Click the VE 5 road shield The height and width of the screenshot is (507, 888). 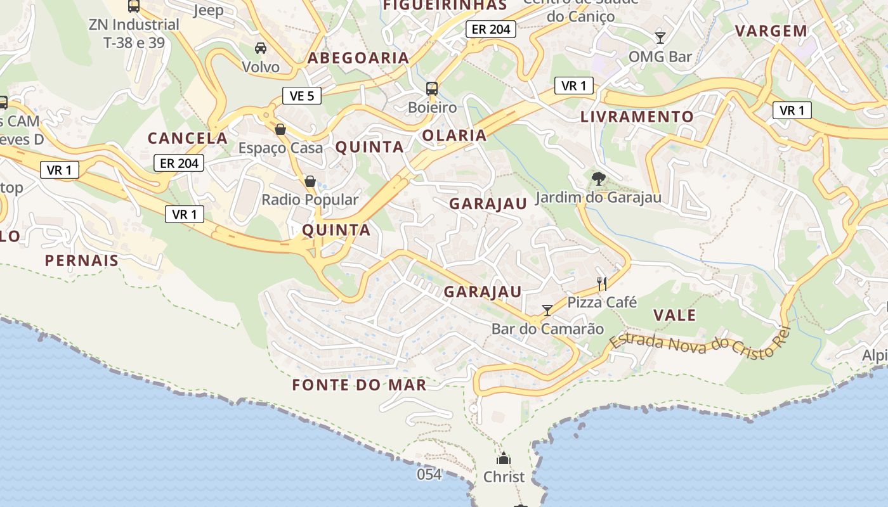[302, 96]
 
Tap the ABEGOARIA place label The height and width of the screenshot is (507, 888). [358, 58]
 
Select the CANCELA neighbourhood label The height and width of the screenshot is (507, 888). [187, 138]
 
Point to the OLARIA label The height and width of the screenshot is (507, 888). [454, 135]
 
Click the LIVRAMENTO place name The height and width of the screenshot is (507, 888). [637, 117]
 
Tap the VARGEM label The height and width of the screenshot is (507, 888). [771, 30]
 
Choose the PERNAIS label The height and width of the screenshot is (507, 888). [82, 260]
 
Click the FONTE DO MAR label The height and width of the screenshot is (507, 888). [359, 385]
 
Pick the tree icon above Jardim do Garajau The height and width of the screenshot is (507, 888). [598, 179]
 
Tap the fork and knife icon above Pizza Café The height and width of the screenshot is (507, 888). [602, 283]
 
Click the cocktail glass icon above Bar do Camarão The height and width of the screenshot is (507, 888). [547, 310]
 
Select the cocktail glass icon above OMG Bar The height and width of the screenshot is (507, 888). [660, 37]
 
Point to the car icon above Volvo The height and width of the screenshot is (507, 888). [261, 48]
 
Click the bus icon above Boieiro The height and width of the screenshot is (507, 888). [432, 89]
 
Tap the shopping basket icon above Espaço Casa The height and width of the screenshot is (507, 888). [280, 129]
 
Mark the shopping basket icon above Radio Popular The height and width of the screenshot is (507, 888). [310, 181]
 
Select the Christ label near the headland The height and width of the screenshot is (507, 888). [504, 477]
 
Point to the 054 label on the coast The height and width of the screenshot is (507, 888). [429, 474]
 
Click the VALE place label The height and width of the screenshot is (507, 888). [675, 315]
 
